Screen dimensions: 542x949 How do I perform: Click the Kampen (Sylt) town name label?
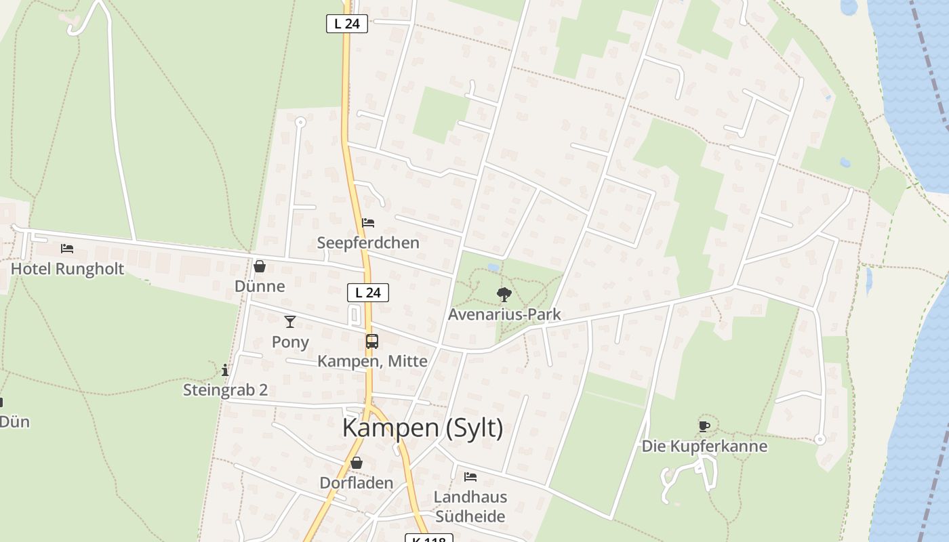(x=422, y=428)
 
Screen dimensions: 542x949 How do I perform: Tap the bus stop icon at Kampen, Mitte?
(x=371, y=341)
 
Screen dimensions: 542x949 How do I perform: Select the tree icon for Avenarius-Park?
(x=504, y=294)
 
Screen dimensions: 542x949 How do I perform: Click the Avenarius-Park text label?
(x=504, y=314)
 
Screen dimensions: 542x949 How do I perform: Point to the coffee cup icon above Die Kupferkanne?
(x=704, y=426)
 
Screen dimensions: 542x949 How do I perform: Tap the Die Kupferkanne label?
(x=704, y=446)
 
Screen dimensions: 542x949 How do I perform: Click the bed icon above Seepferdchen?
(x=368, y=222)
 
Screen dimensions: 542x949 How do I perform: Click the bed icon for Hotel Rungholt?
(x=67, y=249)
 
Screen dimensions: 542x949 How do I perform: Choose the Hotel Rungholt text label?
(x=67, y=269)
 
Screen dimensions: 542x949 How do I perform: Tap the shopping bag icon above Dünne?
(x=259, y=266)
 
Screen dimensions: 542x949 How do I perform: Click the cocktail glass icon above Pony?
(x=290, y=322)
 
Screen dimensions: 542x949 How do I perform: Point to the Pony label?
(x=290, y=342)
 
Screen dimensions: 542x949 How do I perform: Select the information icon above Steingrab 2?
(x=225, y=370)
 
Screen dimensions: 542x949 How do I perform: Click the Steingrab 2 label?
(x=225, y=390)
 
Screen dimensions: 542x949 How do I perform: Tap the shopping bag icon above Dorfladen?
(x=356, y=463)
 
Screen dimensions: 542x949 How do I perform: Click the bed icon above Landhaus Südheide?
(x=470, y=477)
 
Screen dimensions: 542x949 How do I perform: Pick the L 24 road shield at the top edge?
(x=347, y=24)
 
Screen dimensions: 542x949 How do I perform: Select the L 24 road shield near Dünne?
(x=368, y=293)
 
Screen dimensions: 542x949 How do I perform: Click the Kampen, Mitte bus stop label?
(x=372, y=361)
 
